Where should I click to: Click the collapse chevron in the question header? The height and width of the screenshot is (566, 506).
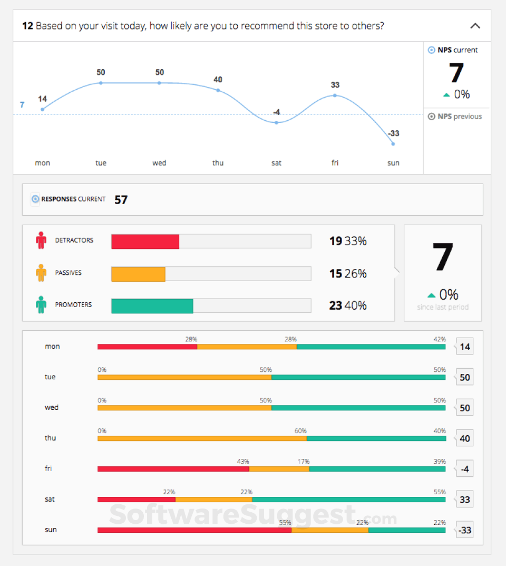475,25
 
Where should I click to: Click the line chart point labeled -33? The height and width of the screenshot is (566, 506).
393,143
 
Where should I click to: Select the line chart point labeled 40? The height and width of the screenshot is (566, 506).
218,90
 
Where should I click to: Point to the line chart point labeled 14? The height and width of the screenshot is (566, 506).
43,109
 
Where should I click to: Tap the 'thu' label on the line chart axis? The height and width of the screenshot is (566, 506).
218,163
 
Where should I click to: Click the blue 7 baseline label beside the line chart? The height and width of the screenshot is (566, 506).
22,105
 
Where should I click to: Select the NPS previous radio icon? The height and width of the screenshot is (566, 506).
432,117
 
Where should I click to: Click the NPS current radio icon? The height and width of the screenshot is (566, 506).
432,50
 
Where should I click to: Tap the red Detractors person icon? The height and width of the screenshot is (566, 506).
41,241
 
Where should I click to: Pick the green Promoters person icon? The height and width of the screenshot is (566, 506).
41,305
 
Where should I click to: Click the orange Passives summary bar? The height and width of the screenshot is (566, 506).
138,274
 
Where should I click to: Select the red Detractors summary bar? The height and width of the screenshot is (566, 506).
145,242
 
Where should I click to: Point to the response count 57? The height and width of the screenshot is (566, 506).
121,199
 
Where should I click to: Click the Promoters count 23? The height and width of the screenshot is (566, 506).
336,305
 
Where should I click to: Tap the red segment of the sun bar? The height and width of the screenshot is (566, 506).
194,530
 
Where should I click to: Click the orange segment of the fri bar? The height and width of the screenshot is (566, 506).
279,468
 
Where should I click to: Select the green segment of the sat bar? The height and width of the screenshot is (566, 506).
348,499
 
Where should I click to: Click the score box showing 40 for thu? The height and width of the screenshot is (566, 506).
464,438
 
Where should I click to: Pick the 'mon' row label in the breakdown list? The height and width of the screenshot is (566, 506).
53,347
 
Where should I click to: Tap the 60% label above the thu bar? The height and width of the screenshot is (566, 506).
300,431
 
